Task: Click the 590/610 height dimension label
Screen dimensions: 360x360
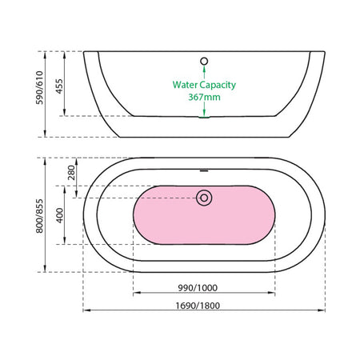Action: coord(39,87)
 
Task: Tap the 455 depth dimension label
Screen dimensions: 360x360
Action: coord(59,86)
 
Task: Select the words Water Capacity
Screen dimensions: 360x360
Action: coord(204,85)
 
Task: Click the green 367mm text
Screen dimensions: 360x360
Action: coord(204,97)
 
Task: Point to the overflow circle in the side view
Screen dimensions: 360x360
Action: coord(204,62)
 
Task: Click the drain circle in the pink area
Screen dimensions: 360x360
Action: coord(204,198)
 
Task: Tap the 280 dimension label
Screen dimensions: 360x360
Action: coord(71,173)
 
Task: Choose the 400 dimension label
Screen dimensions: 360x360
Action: coord(60,215)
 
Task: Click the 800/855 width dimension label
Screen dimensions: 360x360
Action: coord(39,216)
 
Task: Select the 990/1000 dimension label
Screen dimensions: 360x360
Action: coord(198,288)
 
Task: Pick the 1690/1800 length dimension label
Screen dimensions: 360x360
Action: coord(198,306)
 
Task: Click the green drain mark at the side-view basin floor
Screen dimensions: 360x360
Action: coord(204,117)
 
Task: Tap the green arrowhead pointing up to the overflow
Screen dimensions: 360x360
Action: coord(204,69)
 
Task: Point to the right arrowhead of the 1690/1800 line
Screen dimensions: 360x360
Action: coord(322,310)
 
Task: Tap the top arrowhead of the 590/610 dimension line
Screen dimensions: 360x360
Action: coord(45,54)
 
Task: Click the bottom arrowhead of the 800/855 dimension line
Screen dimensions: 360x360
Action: coord(45,269)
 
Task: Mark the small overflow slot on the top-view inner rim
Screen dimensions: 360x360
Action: coord(204,170)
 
